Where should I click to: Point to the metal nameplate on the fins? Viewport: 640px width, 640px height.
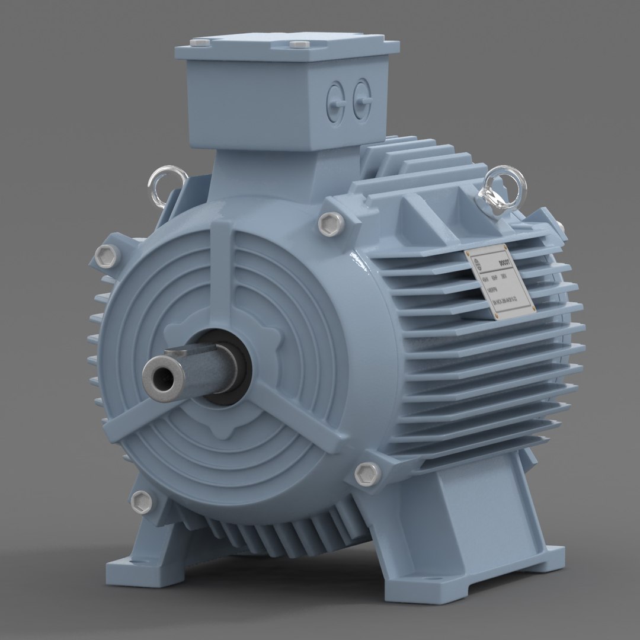coord(500,281)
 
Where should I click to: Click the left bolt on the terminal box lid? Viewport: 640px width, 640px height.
coord(199,43)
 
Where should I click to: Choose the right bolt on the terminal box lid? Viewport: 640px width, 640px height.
coord(297,44)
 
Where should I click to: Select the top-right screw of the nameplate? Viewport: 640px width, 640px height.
coord(504,247)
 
